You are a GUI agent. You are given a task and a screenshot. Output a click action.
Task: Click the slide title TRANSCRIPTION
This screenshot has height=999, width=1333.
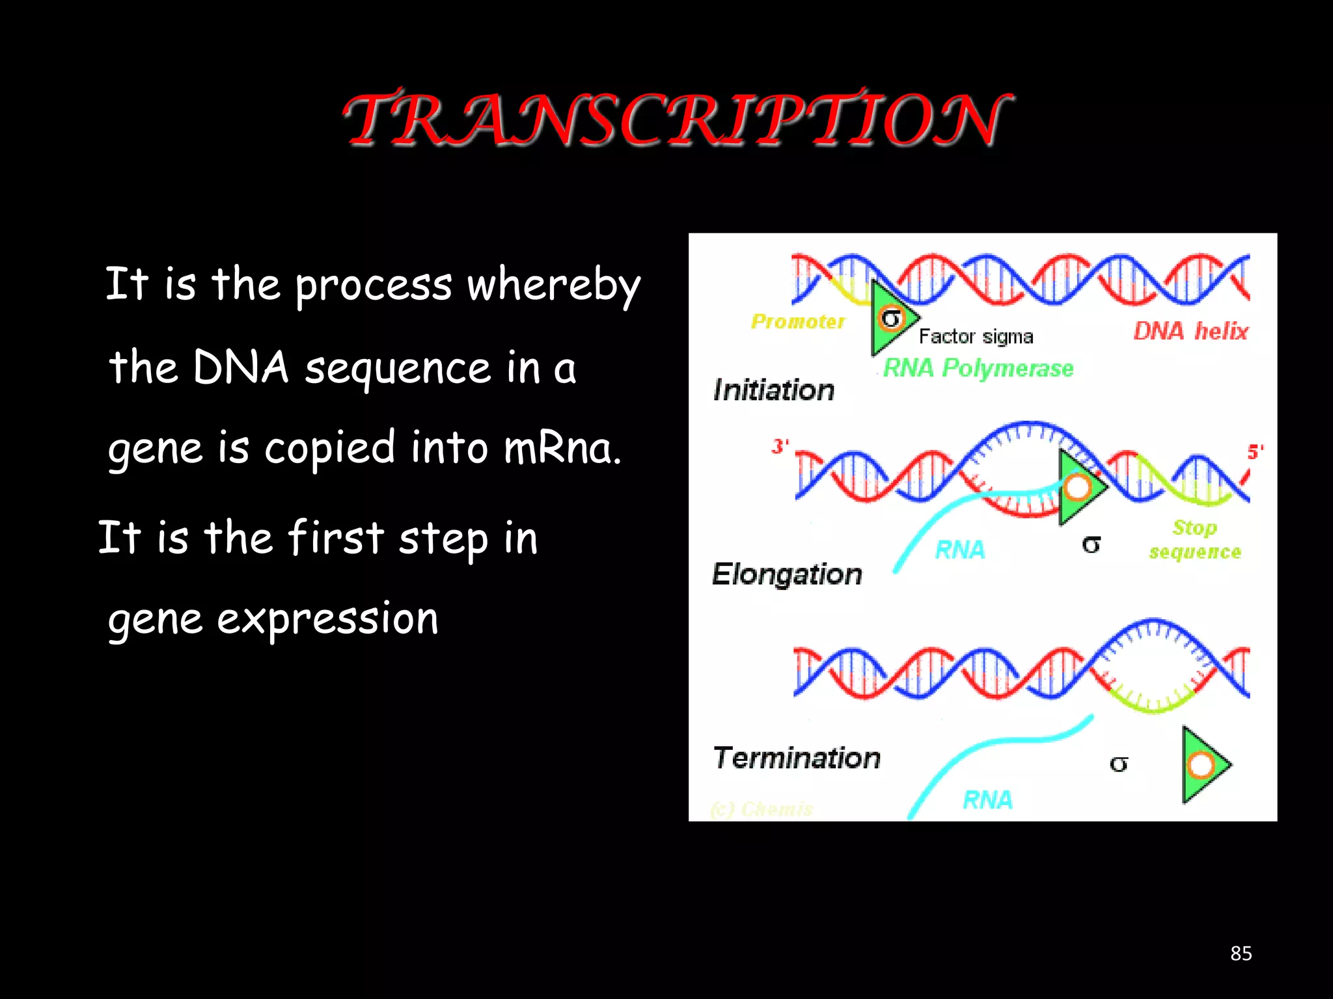(677, 119)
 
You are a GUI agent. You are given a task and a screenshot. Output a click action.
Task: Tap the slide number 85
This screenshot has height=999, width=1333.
(1241, 953)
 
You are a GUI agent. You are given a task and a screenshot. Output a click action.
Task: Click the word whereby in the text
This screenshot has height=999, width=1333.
(554, 285)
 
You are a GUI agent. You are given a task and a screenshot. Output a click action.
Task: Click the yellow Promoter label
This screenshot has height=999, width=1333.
(798, 321)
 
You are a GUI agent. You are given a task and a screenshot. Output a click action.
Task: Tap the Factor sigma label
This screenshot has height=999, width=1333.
(976, 336)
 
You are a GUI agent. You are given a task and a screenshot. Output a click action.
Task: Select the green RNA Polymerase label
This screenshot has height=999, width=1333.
(978, 368)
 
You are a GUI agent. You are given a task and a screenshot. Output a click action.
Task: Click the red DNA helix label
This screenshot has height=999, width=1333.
(1190, 331)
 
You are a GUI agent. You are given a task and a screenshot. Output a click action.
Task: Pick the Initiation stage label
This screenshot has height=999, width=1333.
(774, 390)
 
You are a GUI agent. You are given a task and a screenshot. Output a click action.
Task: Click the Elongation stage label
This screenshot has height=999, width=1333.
(787, 574)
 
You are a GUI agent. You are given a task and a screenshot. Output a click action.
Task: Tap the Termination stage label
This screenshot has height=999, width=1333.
(797, 758)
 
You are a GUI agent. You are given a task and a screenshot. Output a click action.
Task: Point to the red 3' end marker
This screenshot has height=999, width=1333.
(780, 446)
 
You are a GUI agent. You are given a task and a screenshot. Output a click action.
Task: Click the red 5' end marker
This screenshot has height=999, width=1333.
(1255, 451)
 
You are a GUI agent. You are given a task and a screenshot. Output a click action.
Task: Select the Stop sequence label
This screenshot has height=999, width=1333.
(1195, 539)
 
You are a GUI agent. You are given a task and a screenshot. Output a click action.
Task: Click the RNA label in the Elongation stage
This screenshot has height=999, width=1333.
(960, 550)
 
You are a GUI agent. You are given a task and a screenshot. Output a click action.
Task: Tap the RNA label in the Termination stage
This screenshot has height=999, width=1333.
(987, 800)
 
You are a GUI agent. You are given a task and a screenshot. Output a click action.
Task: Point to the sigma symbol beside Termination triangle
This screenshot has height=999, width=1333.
(1118, 764)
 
